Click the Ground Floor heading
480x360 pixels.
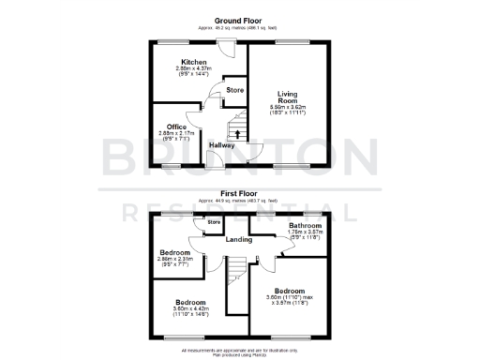tap(239, 19)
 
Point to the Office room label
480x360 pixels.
tap(177, 127)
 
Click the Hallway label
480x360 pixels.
tap(222, 145)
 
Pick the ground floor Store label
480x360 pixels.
tap(234, 91)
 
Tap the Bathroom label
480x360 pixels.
tap(306, 226)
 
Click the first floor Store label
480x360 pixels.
tap(214, 222)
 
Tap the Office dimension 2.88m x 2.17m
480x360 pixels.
tap(177, 137)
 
